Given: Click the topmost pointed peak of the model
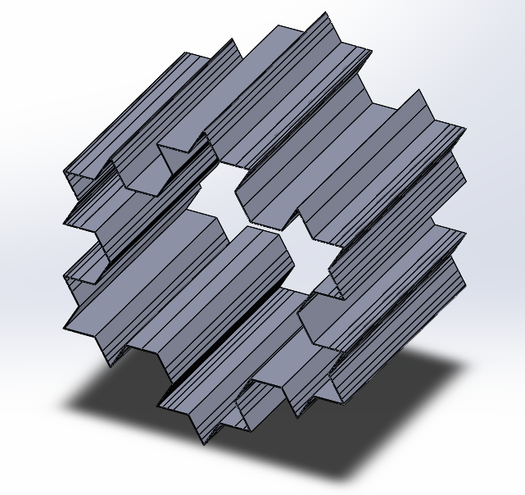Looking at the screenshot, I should click(x=325, y=13).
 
